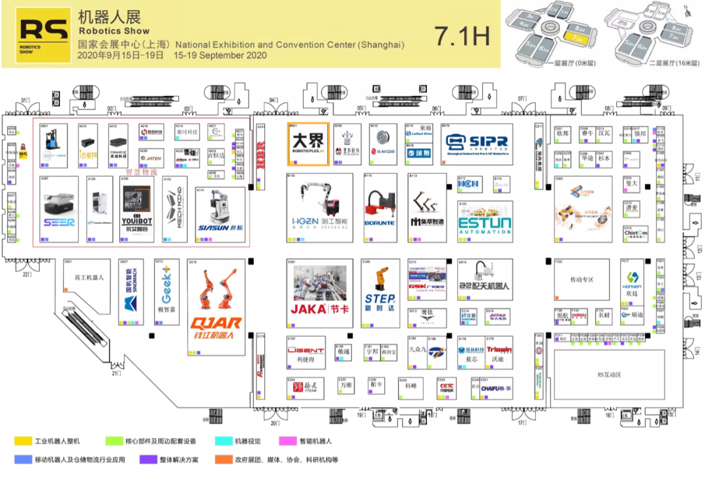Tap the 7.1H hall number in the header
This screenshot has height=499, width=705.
462,37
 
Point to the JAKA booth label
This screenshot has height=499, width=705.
321,308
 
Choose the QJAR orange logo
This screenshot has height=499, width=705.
216,323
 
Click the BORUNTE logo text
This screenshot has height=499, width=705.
379,223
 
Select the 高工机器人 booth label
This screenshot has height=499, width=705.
89,278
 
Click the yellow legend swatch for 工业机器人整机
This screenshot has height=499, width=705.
24,442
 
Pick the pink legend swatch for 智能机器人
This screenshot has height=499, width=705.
288,442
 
